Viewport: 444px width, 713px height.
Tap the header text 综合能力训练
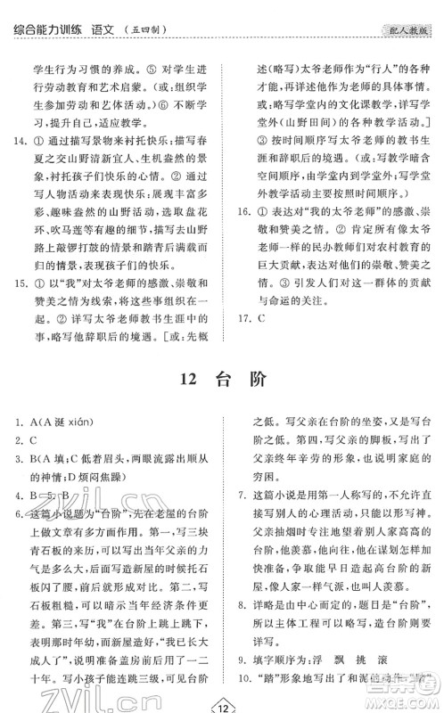click(x=50, y=10)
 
